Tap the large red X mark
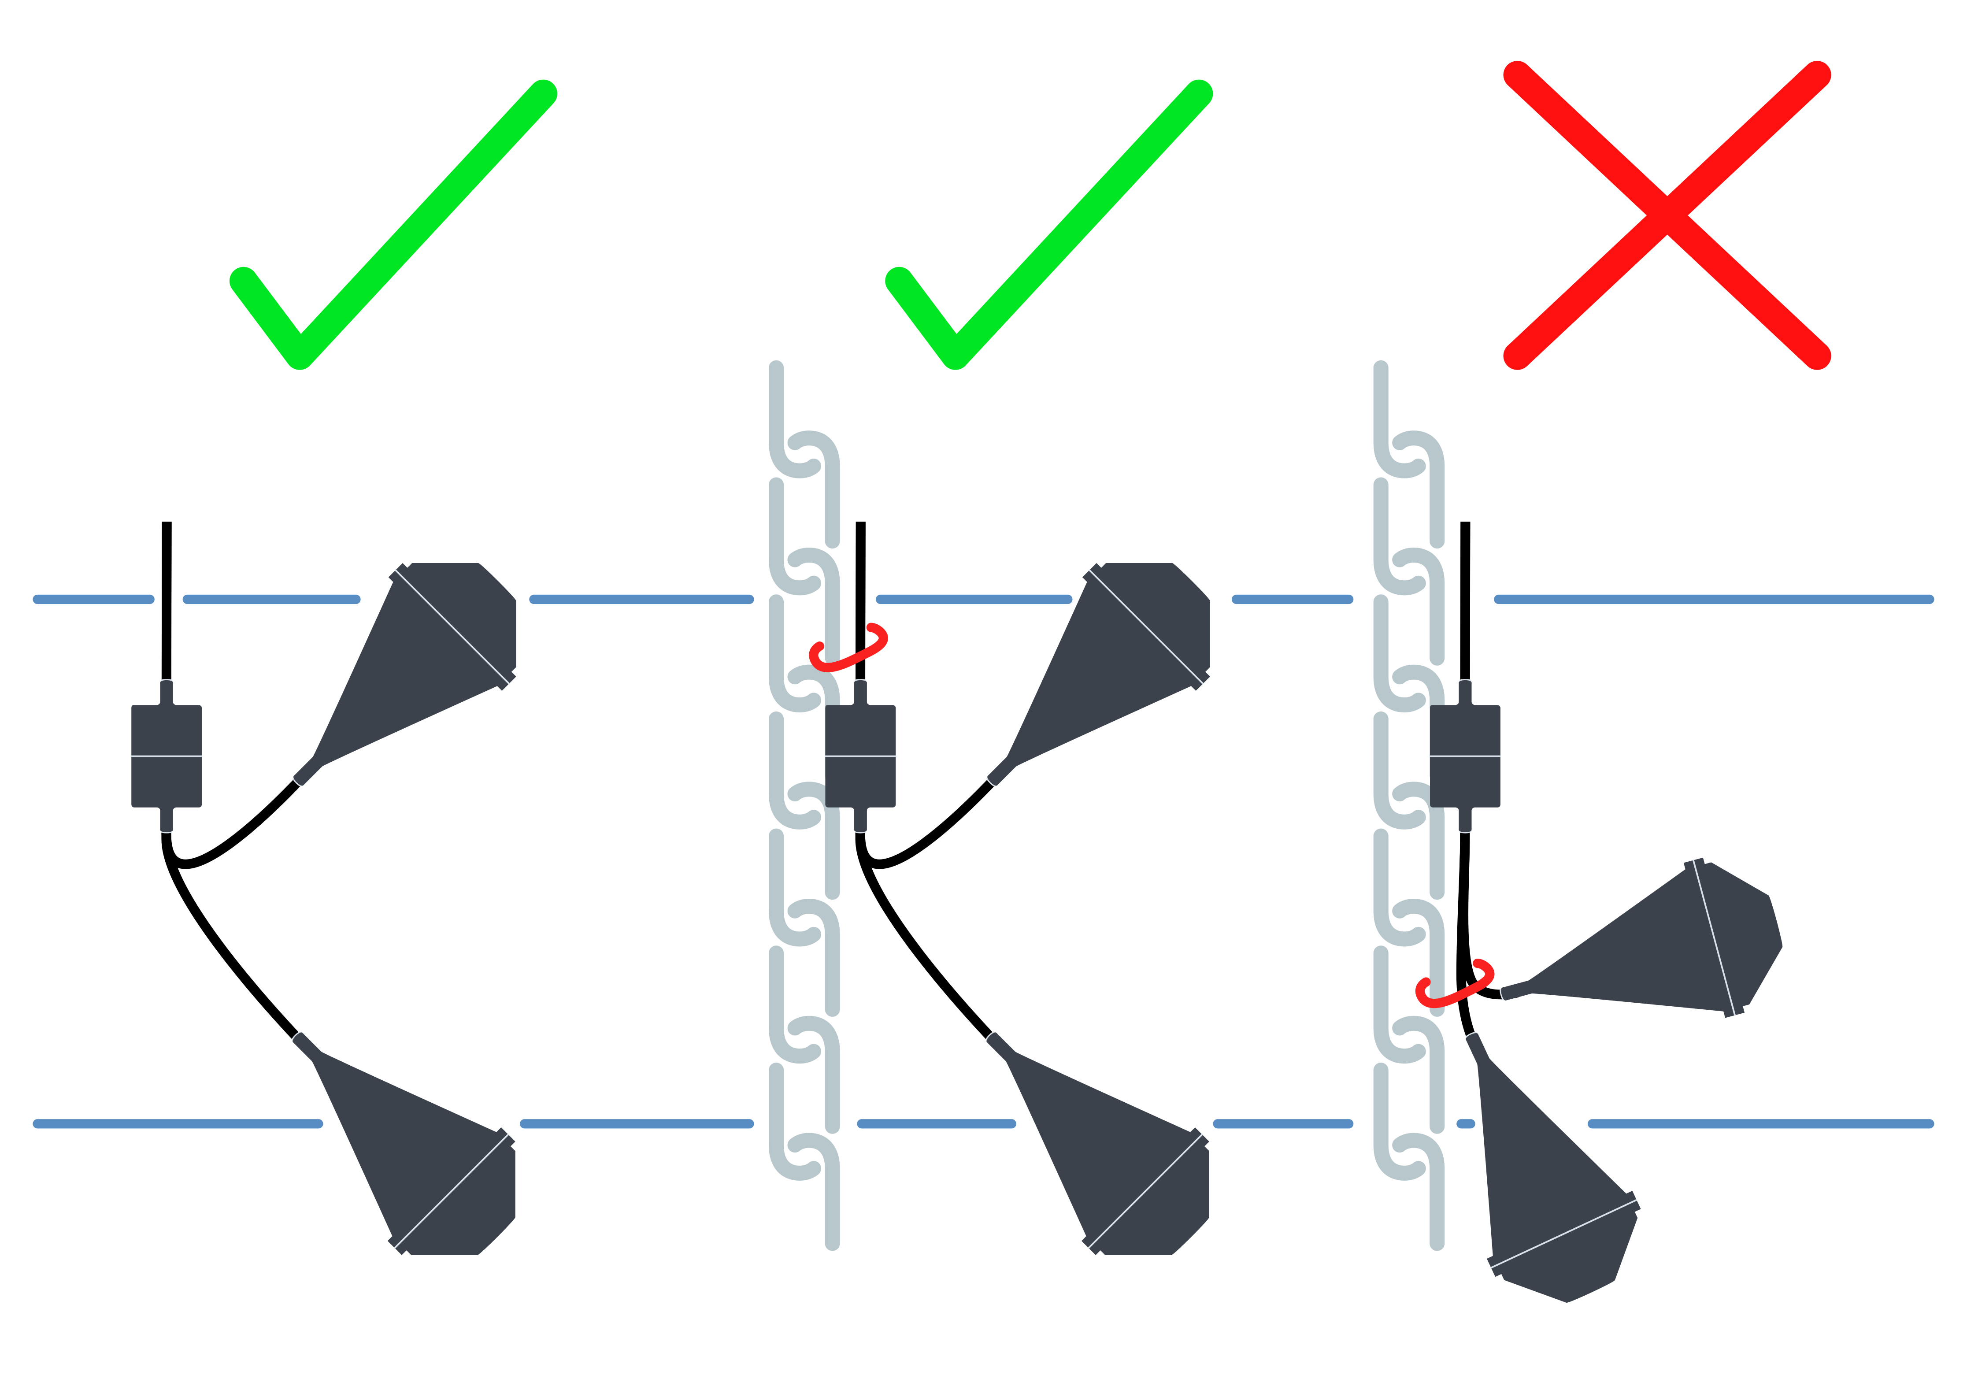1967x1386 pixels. coord(1666,214)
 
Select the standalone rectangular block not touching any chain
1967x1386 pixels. coord(166,756)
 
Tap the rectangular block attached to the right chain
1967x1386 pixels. coord(1465,756)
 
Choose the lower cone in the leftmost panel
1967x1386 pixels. coord(428,1156)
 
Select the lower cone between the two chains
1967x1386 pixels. coord(1122,1156)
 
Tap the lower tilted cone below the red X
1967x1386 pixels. coord(1551,1199)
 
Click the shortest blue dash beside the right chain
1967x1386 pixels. coord(1466,1123)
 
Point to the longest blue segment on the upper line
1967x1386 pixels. coord(1713,600)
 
